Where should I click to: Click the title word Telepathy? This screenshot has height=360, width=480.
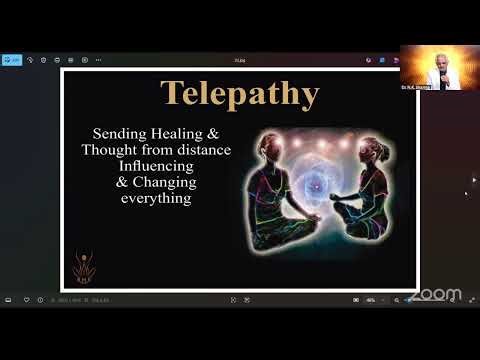pyautogui.click(x=239, y=94)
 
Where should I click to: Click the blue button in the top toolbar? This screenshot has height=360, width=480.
pyautogui.click(x=14, y=59)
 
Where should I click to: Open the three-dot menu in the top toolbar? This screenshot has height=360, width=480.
pyautogui.click(x=102, y=59)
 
